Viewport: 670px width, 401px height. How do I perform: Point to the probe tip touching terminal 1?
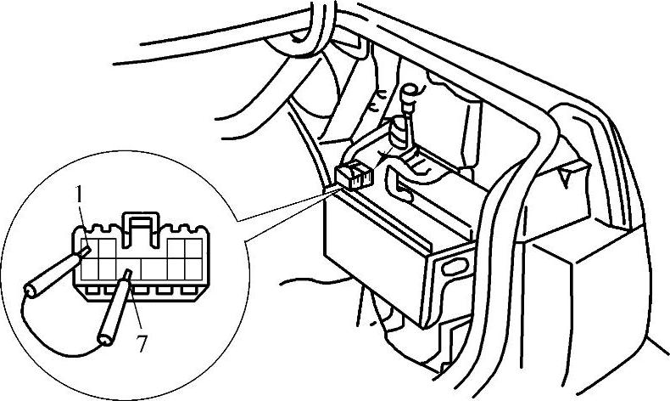87,250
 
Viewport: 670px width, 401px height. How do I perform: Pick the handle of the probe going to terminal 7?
113,314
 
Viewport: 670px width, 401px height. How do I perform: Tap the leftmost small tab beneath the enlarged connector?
92,291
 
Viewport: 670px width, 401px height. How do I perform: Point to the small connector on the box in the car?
354,175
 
